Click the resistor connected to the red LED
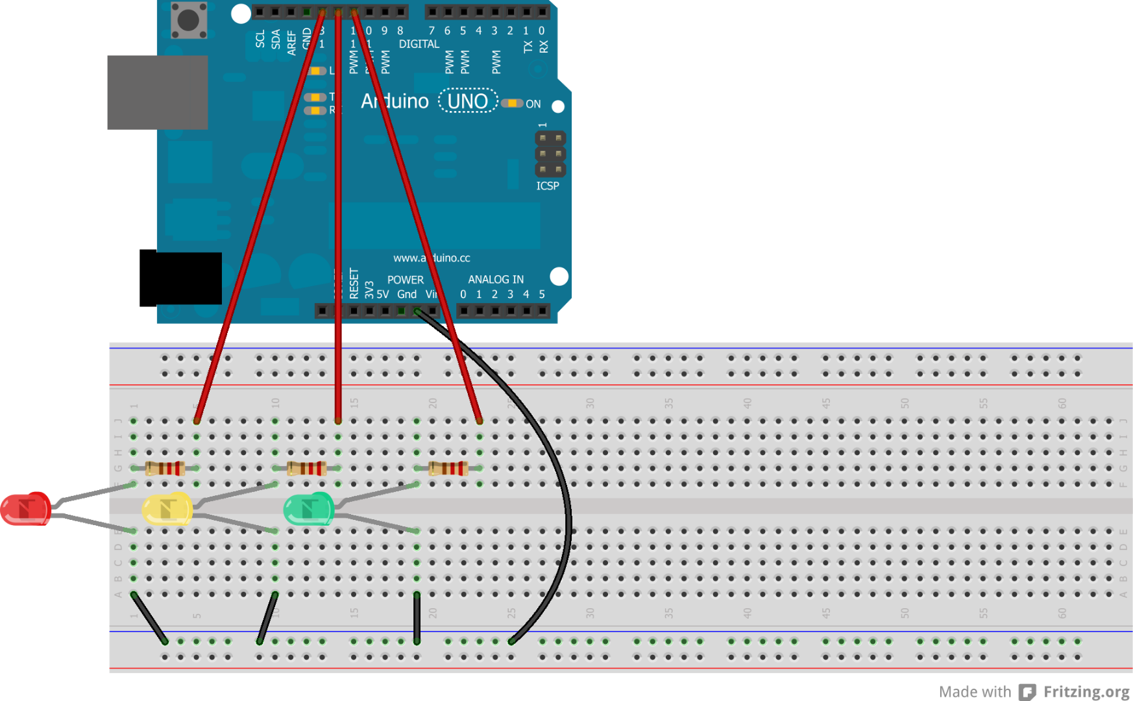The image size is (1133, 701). tap(165, 468)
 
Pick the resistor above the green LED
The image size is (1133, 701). tap(448, 468)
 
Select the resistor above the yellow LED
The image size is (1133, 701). tap(306, 468)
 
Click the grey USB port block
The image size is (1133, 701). tap(158, 92)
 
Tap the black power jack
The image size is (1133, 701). tap(181, 278)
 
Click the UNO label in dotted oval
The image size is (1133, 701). tap(468, 101)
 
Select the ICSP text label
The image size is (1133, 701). tap(547, 186)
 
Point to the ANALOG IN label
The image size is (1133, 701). tap(496, 279)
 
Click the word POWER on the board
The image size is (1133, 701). tap(405, 280)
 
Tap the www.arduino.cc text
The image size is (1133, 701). tap(432, 258)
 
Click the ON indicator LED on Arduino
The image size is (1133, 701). tap(513, 103)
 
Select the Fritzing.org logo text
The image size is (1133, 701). tap(1086, 692)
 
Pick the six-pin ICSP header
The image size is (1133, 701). tap(550, 154)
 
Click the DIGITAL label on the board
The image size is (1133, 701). tap(419, 44)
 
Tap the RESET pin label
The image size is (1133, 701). tap(354, 284)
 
